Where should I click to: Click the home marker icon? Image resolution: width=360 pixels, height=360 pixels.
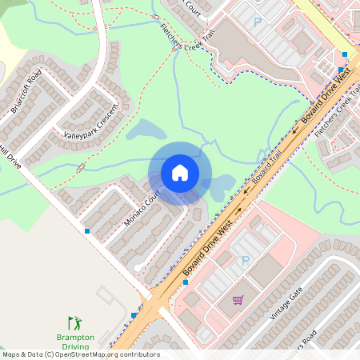coord(180,173)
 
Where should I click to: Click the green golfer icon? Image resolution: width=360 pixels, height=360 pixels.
coord(74,323)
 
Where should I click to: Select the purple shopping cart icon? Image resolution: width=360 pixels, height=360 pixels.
coord(238,301)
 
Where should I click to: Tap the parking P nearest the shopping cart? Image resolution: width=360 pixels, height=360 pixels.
coord(246,261)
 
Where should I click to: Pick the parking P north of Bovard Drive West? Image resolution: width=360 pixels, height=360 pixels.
coord(258,23)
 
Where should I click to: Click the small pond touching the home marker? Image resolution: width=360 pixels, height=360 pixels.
coord(219,186)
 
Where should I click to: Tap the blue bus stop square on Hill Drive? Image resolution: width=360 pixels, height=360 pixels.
coord(87,231)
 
